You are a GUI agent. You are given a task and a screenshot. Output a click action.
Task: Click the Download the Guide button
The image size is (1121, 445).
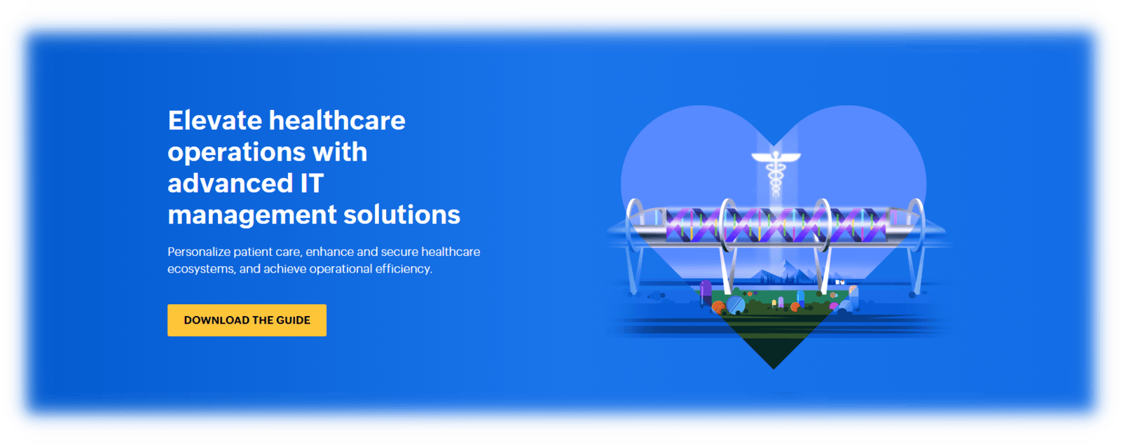click(247, 320)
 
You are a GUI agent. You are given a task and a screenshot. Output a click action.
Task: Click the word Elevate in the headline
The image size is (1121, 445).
click(215, 121)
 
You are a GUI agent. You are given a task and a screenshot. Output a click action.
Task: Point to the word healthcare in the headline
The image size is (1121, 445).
click(337, 121)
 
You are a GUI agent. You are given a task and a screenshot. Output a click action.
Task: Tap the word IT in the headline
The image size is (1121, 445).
click(312, 183)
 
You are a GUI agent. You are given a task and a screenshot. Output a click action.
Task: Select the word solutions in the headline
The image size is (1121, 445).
click(402, 214)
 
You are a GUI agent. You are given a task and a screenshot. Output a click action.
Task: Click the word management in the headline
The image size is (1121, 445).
click(252, 216)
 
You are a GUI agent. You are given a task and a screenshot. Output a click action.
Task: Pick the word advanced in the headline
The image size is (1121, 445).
click(231, 183)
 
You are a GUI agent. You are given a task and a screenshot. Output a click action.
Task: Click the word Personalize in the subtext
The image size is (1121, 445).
click(199, 252)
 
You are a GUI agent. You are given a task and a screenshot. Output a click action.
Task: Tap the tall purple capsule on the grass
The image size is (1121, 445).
click(706, 294)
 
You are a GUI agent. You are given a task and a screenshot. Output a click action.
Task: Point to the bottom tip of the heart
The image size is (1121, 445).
click(773, 369)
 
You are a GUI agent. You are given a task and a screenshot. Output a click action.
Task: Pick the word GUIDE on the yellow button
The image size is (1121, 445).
click(294, 320)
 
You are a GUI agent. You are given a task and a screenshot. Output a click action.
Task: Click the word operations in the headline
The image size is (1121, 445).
click(236, 153)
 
